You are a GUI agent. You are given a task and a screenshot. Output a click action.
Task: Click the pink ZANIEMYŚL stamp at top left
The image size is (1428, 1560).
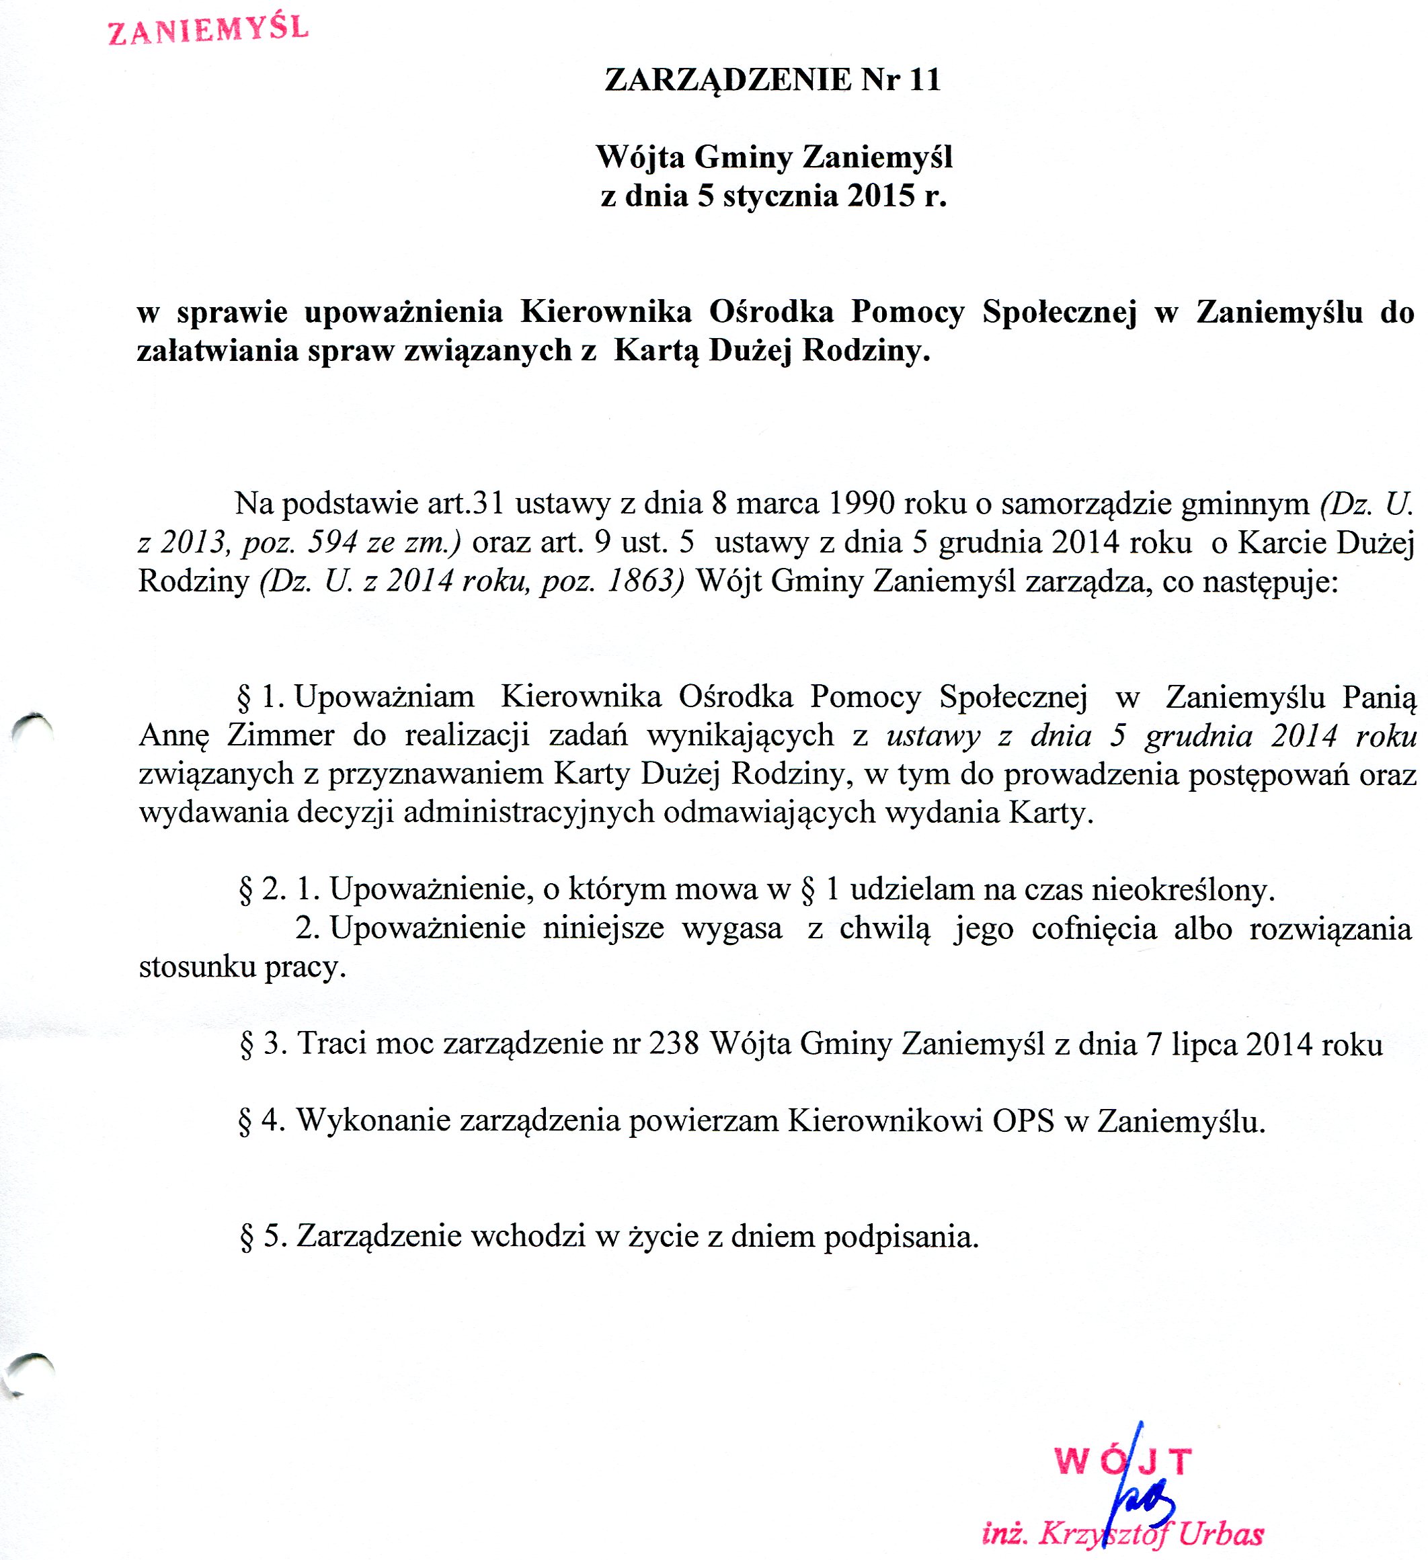click(x=208, y=31)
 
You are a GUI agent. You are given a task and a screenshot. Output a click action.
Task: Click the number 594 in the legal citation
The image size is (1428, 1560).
click(x=332, y=542)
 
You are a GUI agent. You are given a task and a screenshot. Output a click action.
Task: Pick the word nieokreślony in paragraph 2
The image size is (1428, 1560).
click(x=1181, y=890)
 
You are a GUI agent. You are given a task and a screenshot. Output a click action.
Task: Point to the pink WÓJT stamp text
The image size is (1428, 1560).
click(x=1122, y=1462)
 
